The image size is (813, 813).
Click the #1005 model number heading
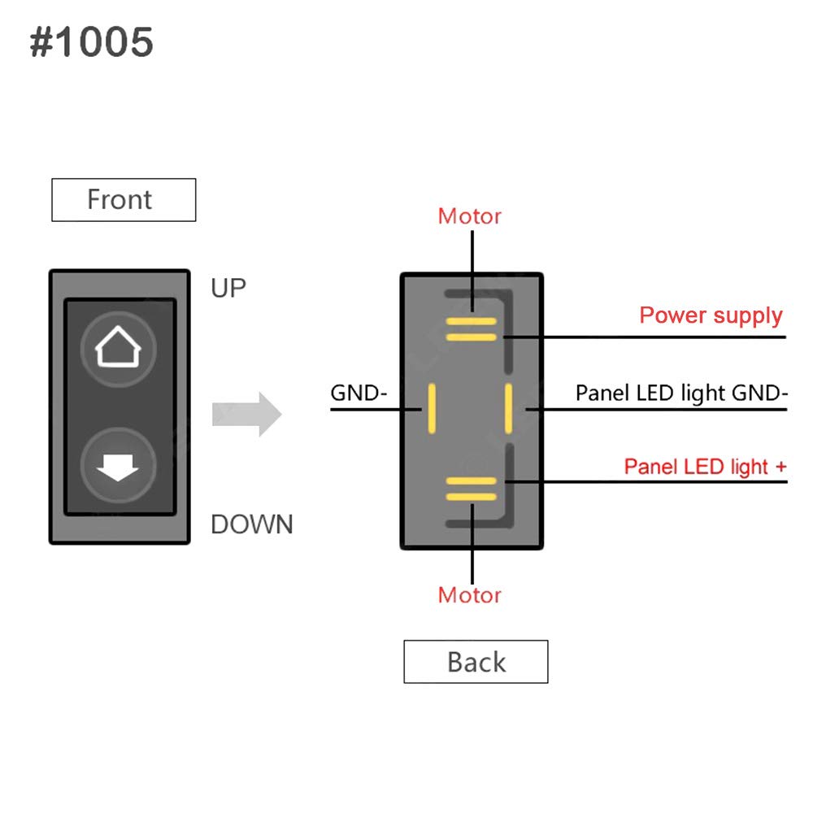91,42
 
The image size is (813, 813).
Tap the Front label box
124,200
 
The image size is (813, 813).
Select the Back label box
476,662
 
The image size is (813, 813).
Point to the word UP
228,288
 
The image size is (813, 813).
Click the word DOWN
251,524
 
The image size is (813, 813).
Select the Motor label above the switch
469,216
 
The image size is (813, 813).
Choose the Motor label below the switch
469,595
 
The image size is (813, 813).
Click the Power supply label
711,315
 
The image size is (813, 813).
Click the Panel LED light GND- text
681,393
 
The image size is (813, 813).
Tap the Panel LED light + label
705,467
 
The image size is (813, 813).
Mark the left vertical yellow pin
433,409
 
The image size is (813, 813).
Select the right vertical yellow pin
508,409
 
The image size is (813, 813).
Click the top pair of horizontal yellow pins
471,328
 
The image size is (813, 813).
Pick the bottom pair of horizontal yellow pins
471,488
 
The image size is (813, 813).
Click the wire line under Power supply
650,337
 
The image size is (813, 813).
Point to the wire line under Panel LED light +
650,482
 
